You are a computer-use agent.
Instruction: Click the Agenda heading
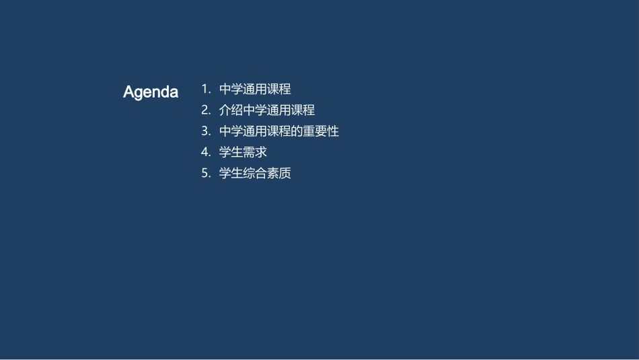pos(151,92)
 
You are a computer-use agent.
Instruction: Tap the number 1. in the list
pos(206,89)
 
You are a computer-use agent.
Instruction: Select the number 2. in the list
pos(206,110)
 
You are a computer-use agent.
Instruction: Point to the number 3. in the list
pos(206,131)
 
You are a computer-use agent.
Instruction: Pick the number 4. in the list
pos(206,152)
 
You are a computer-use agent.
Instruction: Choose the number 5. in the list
pos(206,174)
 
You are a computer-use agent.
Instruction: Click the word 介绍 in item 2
pos(231,110)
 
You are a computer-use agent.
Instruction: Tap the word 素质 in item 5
pos(279,174)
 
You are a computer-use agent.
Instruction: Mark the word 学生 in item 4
pos(231,152)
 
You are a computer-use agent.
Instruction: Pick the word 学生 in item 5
pos(231,174)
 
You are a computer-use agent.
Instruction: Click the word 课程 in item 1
pos(279,89)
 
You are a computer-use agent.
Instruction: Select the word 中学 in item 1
pos(231,89)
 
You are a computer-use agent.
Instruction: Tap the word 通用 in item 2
pos(279,110)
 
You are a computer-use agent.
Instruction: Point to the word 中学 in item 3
pos(231,131)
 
